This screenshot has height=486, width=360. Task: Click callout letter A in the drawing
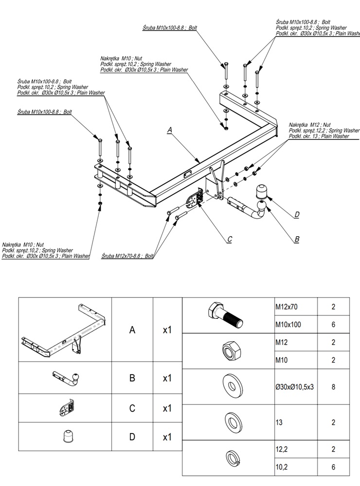coord(170,130)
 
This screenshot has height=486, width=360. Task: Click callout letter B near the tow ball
coord(297,239)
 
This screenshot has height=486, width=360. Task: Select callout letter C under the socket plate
coord(230,239)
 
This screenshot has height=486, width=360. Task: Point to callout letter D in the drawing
coord(297,214)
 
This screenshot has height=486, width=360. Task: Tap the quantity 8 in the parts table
coord(333,387)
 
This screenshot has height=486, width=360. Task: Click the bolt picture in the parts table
coord(226,315)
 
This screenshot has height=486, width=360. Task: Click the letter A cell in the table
coord(132,330)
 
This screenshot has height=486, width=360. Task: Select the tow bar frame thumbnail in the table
coord(65,330)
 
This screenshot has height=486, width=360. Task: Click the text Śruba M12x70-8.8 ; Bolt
coord(128,255)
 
